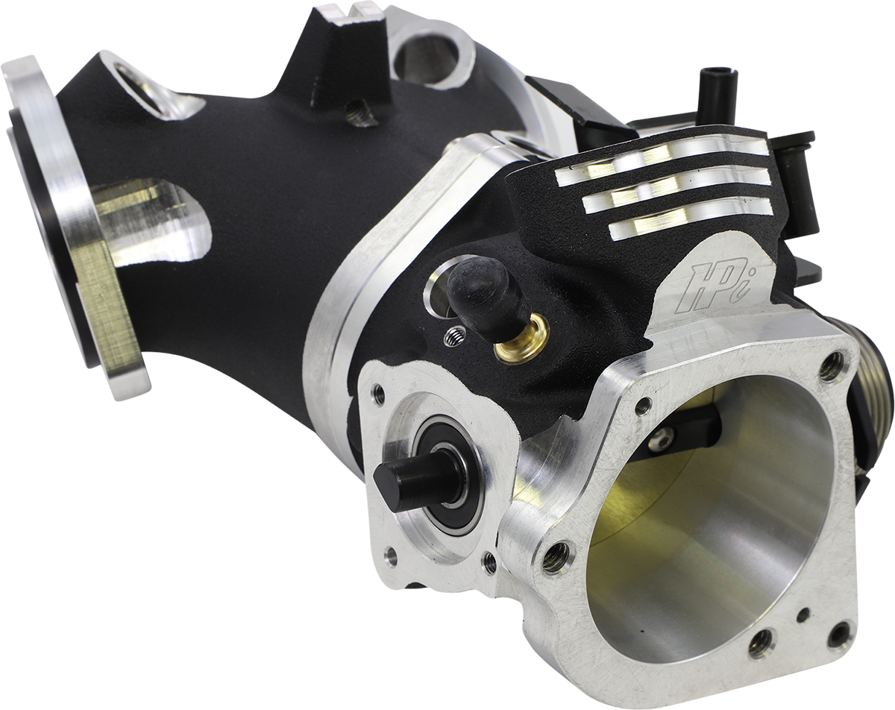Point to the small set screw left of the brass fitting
click(453, 337)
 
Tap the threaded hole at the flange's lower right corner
click(840, 635)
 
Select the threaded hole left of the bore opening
click(556, 556)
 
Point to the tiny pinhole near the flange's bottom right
click(803, 616)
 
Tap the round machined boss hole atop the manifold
click(433, 53)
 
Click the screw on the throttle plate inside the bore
click(659, 439)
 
